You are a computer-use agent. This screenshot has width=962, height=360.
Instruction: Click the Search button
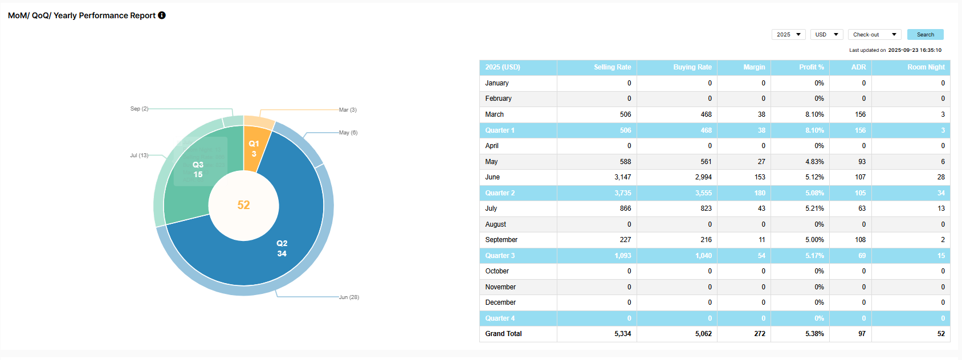925,35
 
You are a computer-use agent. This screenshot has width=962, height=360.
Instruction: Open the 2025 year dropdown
788,35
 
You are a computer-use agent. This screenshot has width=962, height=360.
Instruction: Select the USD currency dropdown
826,35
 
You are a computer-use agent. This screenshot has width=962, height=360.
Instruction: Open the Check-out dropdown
874,35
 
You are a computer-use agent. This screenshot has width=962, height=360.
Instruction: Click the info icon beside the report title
162,15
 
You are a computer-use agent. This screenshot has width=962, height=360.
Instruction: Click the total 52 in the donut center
243,205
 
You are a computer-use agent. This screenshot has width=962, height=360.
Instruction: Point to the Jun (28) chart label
349,297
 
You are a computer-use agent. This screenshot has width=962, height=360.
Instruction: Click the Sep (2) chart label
139,109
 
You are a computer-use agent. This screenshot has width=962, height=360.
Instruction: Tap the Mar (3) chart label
348,110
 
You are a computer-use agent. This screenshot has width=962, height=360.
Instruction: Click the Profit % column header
811,67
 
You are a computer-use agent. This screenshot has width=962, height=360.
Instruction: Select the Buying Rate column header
692,67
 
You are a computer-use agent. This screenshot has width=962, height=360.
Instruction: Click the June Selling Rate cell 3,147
622,177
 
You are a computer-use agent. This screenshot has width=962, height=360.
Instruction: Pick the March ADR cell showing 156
860,114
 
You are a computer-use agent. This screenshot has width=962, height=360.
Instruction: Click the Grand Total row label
503,334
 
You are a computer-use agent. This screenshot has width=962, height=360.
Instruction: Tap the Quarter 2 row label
500,193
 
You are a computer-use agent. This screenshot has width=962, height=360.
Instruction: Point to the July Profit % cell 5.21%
814,208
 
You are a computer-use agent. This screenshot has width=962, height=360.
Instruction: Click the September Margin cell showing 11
761,240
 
